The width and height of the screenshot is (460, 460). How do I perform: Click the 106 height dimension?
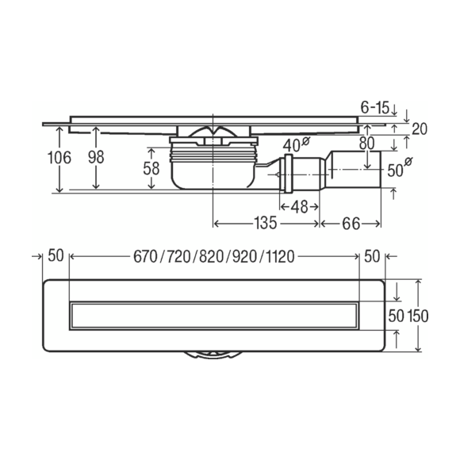[59, 158]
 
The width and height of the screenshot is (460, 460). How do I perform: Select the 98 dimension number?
[96, 157]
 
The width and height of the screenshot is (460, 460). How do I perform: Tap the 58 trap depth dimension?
[151, 169]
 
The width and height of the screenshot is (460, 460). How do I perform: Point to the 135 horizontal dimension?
[265, 223]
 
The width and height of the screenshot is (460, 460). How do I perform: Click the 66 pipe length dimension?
[351, 224]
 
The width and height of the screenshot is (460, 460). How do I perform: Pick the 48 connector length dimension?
[299, 207]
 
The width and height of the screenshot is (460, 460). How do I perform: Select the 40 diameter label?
[296, 144]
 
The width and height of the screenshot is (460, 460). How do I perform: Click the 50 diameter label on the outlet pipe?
[400, 168]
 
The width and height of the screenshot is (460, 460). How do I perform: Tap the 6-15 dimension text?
[374, 107]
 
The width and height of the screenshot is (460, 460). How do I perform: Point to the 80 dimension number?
[366, 144]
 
